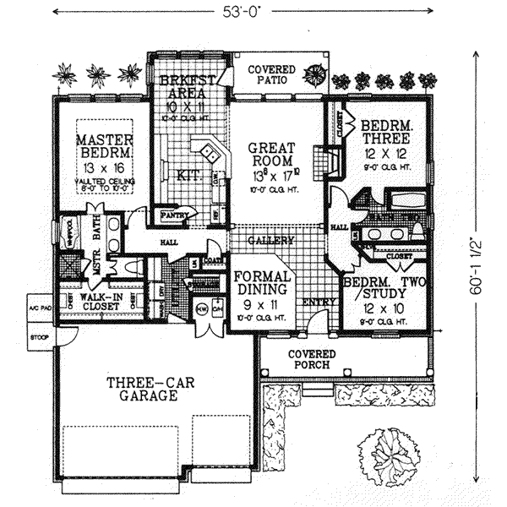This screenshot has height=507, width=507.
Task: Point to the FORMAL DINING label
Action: (x=262, y=281)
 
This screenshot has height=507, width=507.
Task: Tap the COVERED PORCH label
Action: (x=312, y=358)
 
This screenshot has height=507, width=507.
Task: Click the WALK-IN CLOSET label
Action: (x=101, y=302)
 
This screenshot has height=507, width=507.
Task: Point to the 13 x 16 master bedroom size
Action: (x=103, y=169)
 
